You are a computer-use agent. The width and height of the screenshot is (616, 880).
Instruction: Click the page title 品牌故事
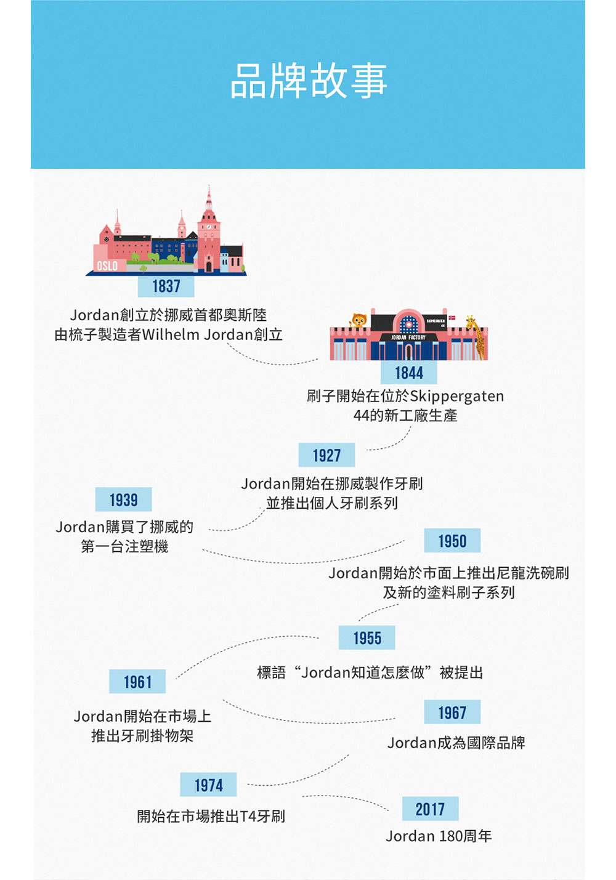coord(309,81)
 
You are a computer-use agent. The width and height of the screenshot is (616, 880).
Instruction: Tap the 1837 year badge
coord(166,286)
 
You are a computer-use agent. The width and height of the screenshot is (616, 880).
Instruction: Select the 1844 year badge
coord(409,373)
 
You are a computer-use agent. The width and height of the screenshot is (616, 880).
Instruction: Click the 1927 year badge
coord(326,455)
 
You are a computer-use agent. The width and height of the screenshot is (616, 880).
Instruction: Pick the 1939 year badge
coord(123,499)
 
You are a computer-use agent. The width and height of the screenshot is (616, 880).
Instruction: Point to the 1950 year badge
coord(452,541)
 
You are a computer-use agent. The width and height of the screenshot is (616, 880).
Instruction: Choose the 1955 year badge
coord(367,637)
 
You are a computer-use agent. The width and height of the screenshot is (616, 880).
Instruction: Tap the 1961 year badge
coord(137,681)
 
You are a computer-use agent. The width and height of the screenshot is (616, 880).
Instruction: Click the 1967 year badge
coord(452,712)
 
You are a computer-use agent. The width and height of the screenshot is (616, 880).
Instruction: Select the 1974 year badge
coord(208,785)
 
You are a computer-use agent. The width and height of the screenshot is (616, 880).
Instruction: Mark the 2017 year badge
coord(430,809)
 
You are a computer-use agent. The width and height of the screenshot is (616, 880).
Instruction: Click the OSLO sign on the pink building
coord(107,266)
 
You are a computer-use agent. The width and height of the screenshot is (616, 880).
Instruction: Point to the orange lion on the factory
coord(359,320)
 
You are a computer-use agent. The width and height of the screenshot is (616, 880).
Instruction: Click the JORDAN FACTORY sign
coord(408,337)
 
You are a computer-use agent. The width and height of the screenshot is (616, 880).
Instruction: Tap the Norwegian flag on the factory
coord(452,317)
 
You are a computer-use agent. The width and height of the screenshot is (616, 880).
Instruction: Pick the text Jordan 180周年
coord(439,836)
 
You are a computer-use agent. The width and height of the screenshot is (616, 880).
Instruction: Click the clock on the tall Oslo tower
coord(209,227)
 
